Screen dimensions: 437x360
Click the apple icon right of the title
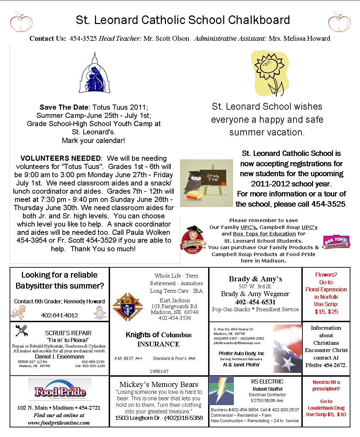pyautogui.click(x=339, y=21)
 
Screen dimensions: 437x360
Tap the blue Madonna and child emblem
pyautogui.click(x=95, y=74)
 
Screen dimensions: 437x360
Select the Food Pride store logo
pyautogui.click(x=60, y=389)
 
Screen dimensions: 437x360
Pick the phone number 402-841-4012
pyautogui.click(x=59, y=315)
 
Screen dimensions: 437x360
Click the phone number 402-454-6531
pyautogui.click(x=255, y=302)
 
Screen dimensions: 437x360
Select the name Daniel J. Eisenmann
pyautogui.click(x=59, y=356)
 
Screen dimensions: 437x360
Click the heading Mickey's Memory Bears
pyautogui.click(x=159, y=384)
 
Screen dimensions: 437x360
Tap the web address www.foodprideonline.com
pyautogui.click(x=59, y=423)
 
